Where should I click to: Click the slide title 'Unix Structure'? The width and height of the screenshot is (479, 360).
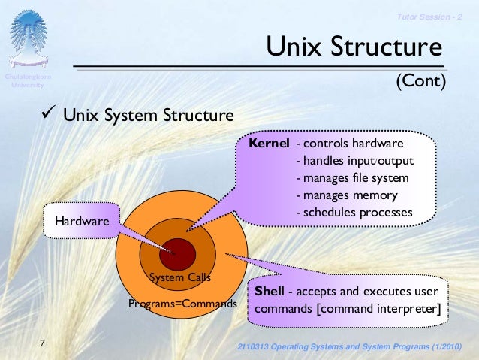(354, 48)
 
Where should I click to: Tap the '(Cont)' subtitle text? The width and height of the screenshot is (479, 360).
(420, 80)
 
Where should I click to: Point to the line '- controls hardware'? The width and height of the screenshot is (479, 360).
(351, 144)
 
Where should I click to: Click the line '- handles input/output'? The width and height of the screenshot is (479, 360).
(355, 161)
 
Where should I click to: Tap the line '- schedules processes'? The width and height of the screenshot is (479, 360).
(354, 213)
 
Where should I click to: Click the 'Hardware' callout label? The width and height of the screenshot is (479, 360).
(82, 222)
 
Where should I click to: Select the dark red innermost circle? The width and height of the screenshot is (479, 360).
(178, 253)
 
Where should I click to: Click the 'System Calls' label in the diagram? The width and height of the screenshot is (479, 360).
(179, 277)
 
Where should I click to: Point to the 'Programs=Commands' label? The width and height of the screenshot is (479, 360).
(182, 304)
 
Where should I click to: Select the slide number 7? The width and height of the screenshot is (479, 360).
(43, 343)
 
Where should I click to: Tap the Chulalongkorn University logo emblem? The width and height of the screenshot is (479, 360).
(28, 41)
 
